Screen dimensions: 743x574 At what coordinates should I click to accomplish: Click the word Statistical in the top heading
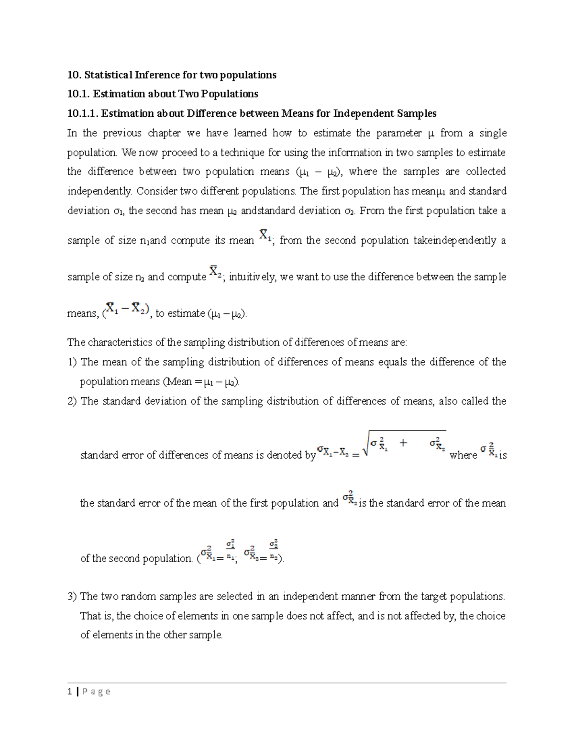[108, 75]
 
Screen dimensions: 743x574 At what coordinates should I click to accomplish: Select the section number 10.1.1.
[83, 113]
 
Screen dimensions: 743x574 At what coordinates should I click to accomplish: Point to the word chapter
[164, 133]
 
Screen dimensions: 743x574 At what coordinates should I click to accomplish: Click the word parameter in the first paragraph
[399, 133]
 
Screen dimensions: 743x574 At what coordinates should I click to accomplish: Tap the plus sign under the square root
[404, 443]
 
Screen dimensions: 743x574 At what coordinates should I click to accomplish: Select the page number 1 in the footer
[70, 691]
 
